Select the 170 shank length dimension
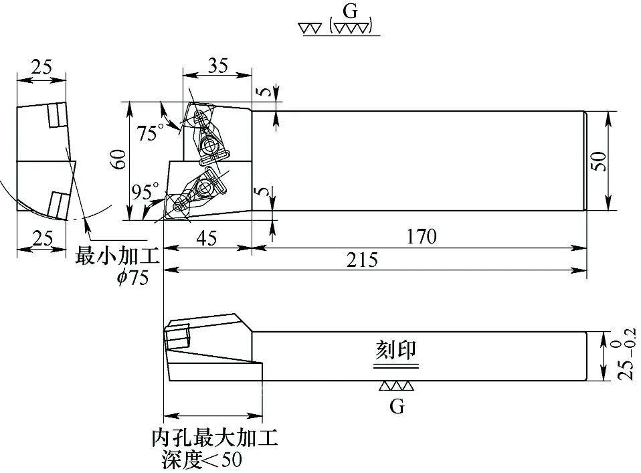pyautogui.click(x=421, y=237)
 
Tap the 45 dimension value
pyautogui.click(x=207, y=238)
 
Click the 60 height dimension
pyautogui.click(x=118, y=159)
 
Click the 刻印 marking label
pyautogui.click(x=395, y=350)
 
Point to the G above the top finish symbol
pyautogui.click(x=348, y=11)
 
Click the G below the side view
pyautogui.click(x=397, y=407)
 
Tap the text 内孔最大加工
pyautogui.click(x=214, y=440)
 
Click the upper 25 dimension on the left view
pyautogui.click(x=41, y=68)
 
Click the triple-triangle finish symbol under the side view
pyautogui.click(x=396, y=387)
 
